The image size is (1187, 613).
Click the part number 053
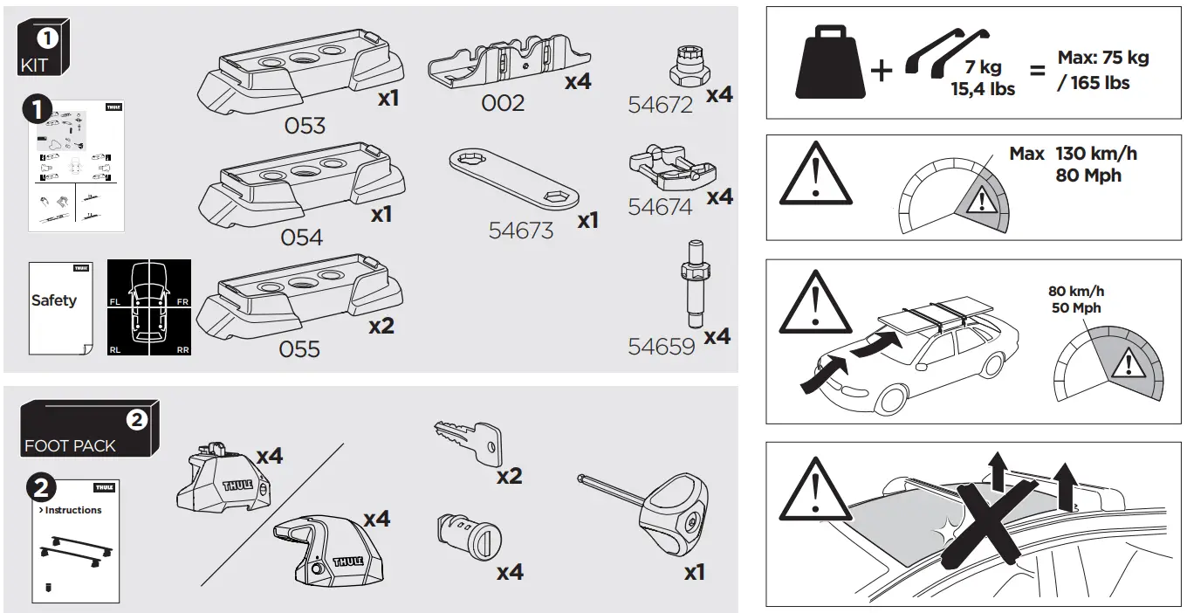point(305,126)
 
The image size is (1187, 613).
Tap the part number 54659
point(661,347)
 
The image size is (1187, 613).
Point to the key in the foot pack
point(468,441)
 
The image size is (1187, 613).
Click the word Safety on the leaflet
point(54,300)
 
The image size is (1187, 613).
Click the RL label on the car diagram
point(115,349)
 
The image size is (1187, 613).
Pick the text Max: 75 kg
point(1103,59)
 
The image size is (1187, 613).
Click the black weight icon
point(829,64)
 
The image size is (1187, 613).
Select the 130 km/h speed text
point(1096,154)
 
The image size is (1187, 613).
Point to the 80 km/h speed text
point(1075,292)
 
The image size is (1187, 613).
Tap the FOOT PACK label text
point(70,446)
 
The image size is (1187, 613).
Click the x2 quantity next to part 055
point(381,326)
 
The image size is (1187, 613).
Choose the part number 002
point(504,103)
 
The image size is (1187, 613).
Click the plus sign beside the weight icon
point(882,70)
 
